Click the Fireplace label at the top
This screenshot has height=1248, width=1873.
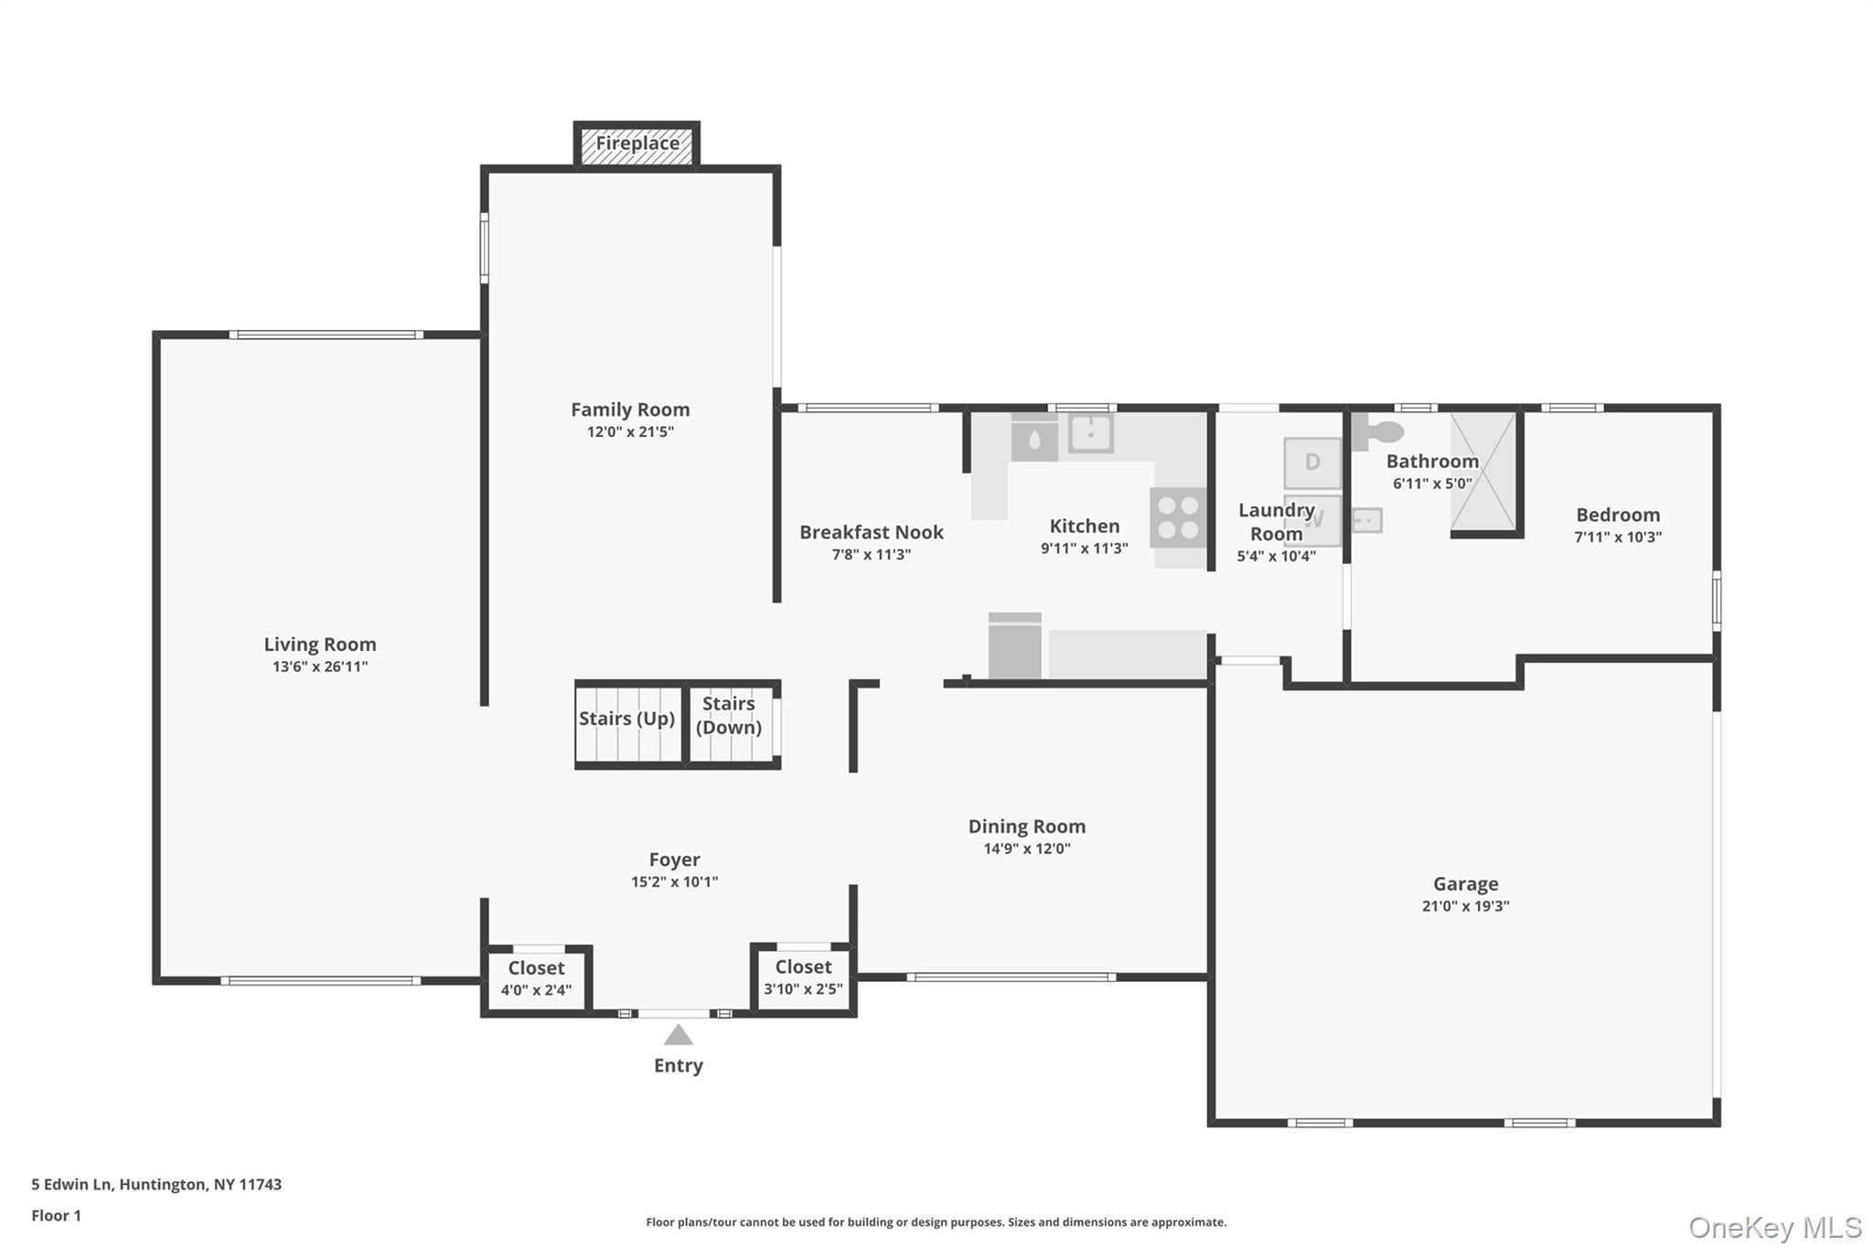pos(637,143)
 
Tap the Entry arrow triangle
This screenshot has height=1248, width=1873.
pos(678,1035)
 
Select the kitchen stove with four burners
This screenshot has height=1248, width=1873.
pos(1178,517)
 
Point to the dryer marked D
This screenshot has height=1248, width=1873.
pos(1312,463)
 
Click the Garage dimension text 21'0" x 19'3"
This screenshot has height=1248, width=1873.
pos(1465,906)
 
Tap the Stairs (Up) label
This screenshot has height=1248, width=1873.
pos(626,719)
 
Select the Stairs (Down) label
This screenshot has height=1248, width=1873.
pos(729,715)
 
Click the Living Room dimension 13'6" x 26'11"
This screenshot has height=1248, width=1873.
pos(320,667)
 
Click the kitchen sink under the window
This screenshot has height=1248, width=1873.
pos(1091,433)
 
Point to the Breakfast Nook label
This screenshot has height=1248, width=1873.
pos(872,532)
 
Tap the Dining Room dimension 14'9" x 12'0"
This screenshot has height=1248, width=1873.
pos(1027,848)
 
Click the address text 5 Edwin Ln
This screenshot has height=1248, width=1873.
pos(72,1184)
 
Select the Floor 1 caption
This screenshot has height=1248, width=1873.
pos(56,1215)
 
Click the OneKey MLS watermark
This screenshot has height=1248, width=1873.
pos(1775,1227)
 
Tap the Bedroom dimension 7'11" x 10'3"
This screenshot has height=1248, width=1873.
pos(1618,537)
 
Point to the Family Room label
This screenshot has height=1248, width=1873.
pos(630,410)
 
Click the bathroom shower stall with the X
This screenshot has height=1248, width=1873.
pos(1483,472)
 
